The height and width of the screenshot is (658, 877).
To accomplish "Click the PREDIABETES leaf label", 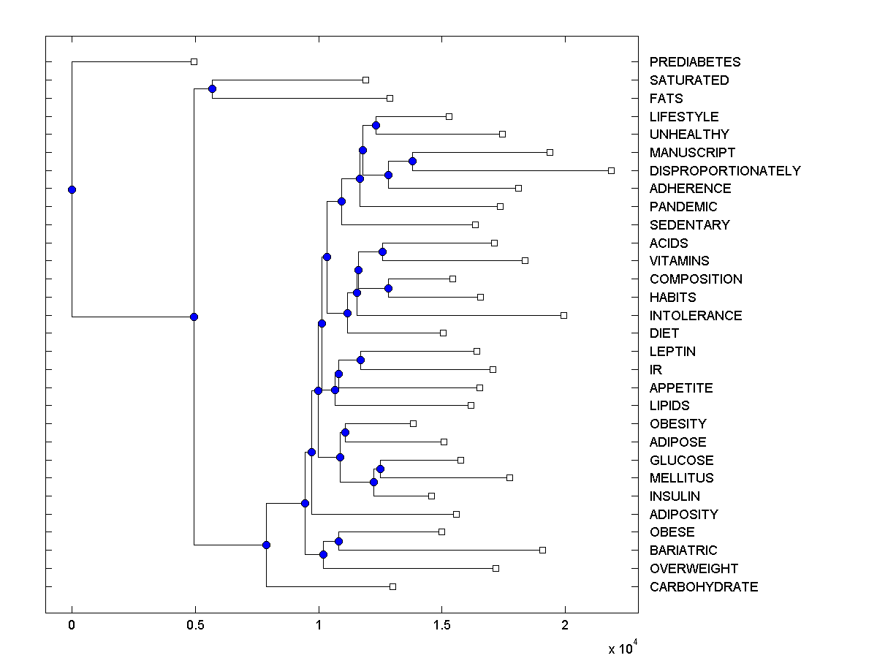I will [694, 62].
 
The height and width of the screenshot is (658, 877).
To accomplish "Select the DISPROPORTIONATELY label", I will [724, 171].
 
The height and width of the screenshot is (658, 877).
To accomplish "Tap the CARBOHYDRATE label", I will [703, 587].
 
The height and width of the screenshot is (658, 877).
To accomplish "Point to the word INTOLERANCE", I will [695, 316].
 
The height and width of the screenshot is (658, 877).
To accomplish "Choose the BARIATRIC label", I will [683, 551].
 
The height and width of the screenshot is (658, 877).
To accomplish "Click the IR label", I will [655, 370].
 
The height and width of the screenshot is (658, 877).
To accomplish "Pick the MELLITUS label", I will [681, 478].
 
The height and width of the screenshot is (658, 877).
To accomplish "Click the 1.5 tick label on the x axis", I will [441, 625].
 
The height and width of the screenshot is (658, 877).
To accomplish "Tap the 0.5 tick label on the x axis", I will [194, 625].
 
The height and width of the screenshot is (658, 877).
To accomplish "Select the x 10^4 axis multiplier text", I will [623, 648].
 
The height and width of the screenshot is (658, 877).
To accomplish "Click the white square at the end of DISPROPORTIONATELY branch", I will [611, 170].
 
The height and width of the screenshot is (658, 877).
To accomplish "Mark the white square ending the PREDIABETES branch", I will [194, 61].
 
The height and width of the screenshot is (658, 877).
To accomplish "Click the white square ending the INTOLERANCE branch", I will [563, 315].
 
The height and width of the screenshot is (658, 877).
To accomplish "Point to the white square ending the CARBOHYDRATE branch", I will [392, 586].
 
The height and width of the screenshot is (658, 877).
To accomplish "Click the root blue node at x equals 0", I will [72, 189].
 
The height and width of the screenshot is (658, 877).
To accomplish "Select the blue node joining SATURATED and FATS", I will [212, 89].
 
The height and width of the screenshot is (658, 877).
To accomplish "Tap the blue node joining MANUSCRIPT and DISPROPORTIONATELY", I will [412, 161].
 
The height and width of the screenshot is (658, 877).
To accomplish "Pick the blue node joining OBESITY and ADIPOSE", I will [345, 432].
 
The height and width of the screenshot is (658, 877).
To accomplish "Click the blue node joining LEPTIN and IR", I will [360, 360].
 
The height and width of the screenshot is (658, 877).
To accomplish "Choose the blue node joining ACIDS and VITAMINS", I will [382, 252].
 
